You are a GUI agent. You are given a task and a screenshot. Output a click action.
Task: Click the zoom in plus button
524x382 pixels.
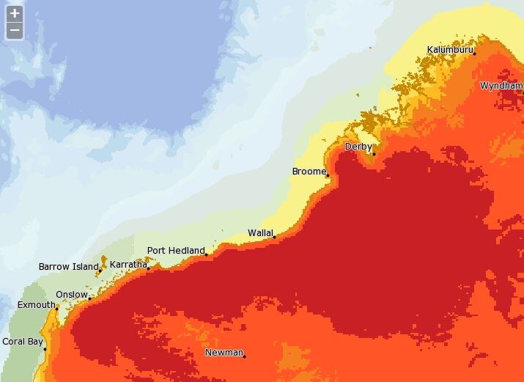pos(15,13)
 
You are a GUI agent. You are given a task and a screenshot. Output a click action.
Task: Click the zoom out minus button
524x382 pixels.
pos(15,30)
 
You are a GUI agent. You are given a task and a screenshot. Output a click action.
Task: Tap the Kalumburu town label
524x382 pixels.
pos(450,50)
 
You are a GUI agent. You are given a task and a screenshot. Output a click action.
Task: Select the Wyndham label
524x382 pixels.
pos(501,86)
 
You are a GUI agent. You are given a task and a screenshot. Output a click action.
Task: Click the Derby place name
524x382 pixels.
pos(358,147)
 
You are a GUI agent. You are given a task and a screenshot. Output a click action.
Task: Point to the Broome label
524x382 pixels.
pos(308,172)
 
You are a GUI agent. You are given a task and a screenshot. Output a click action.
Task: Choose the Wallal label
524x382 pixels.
pos(259,232)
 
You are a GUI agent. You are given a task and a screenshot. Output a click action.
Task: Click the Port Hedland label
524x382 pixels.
pos(176,250)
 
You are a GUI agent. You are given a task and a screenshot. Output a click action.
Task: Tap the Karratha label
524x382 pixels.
pos(128,264)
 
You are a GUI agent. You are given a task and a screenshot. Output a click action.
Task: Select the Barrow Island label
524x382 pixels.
pos(67,266)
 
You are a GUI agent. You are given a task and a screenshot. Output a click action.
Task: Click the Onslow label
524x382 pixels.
pos(71,295)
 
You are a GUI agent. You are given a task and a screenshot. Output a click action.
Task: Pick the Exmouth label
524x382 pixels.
pos(36,304)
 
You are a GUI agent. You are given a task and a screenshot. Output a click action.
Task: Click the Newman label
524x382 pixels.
pos(224,353)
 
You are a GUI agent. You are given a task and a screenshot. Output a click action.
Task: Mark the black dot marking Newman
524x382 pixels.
pos(244,356)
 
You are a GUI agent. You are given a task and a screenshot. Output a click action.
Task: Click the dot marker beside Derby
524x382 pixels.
pos(373,154)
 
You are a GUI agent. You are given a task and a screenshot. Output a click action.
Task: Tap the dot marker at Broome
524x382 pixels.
pos(327,176)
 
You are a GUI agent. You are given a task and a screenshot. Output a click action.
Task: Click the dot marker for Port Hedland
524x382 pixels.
pos(207,254)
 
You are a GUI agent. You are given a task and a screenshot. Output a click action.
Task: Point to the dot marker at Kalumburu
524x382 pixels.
pos(474,54)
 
